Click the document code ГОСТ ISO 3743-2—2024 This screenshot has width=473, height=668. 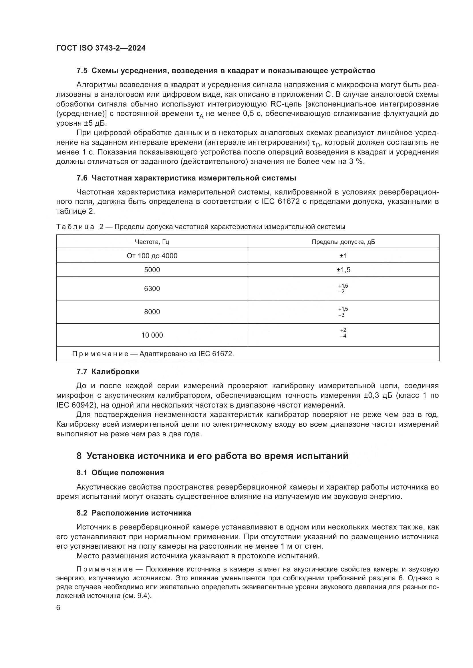pos(101,48)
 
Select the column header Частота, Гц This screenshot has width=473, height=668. pos(152,242)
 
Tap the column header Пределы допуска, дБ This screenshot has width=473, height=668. pos(343,242)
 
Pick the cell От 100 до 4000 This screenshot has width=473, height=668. pos(152,256)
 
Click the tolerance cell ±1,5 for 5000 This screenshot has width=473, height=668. pos(343,270)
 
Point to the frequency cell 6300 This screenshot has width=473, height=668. pos(152,289)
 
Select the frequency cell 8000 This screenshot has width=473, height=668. pos(152,312)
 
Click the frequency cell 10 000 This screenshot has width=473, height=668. pos(152,335)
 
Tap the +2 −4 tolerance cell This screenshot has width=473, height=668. pos(343,333)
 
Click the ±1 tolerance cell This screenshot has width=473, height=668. pos(343,256)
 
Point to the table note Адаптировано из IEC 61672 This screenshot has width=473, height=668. pos(153,354)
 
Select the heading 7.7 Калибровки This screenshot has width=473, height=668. pos(108,372)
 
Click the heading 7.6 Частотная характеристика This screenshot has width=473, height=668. pos(186,178)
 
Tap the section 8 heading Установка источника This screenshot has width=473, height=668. pos(212,456)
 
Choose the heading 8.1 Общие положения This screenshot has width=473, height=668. pos(120,473)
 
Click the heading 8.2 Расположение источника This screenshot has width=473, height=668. pos(134,513)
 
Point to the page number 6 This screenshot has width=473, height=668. pos(58,608)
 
